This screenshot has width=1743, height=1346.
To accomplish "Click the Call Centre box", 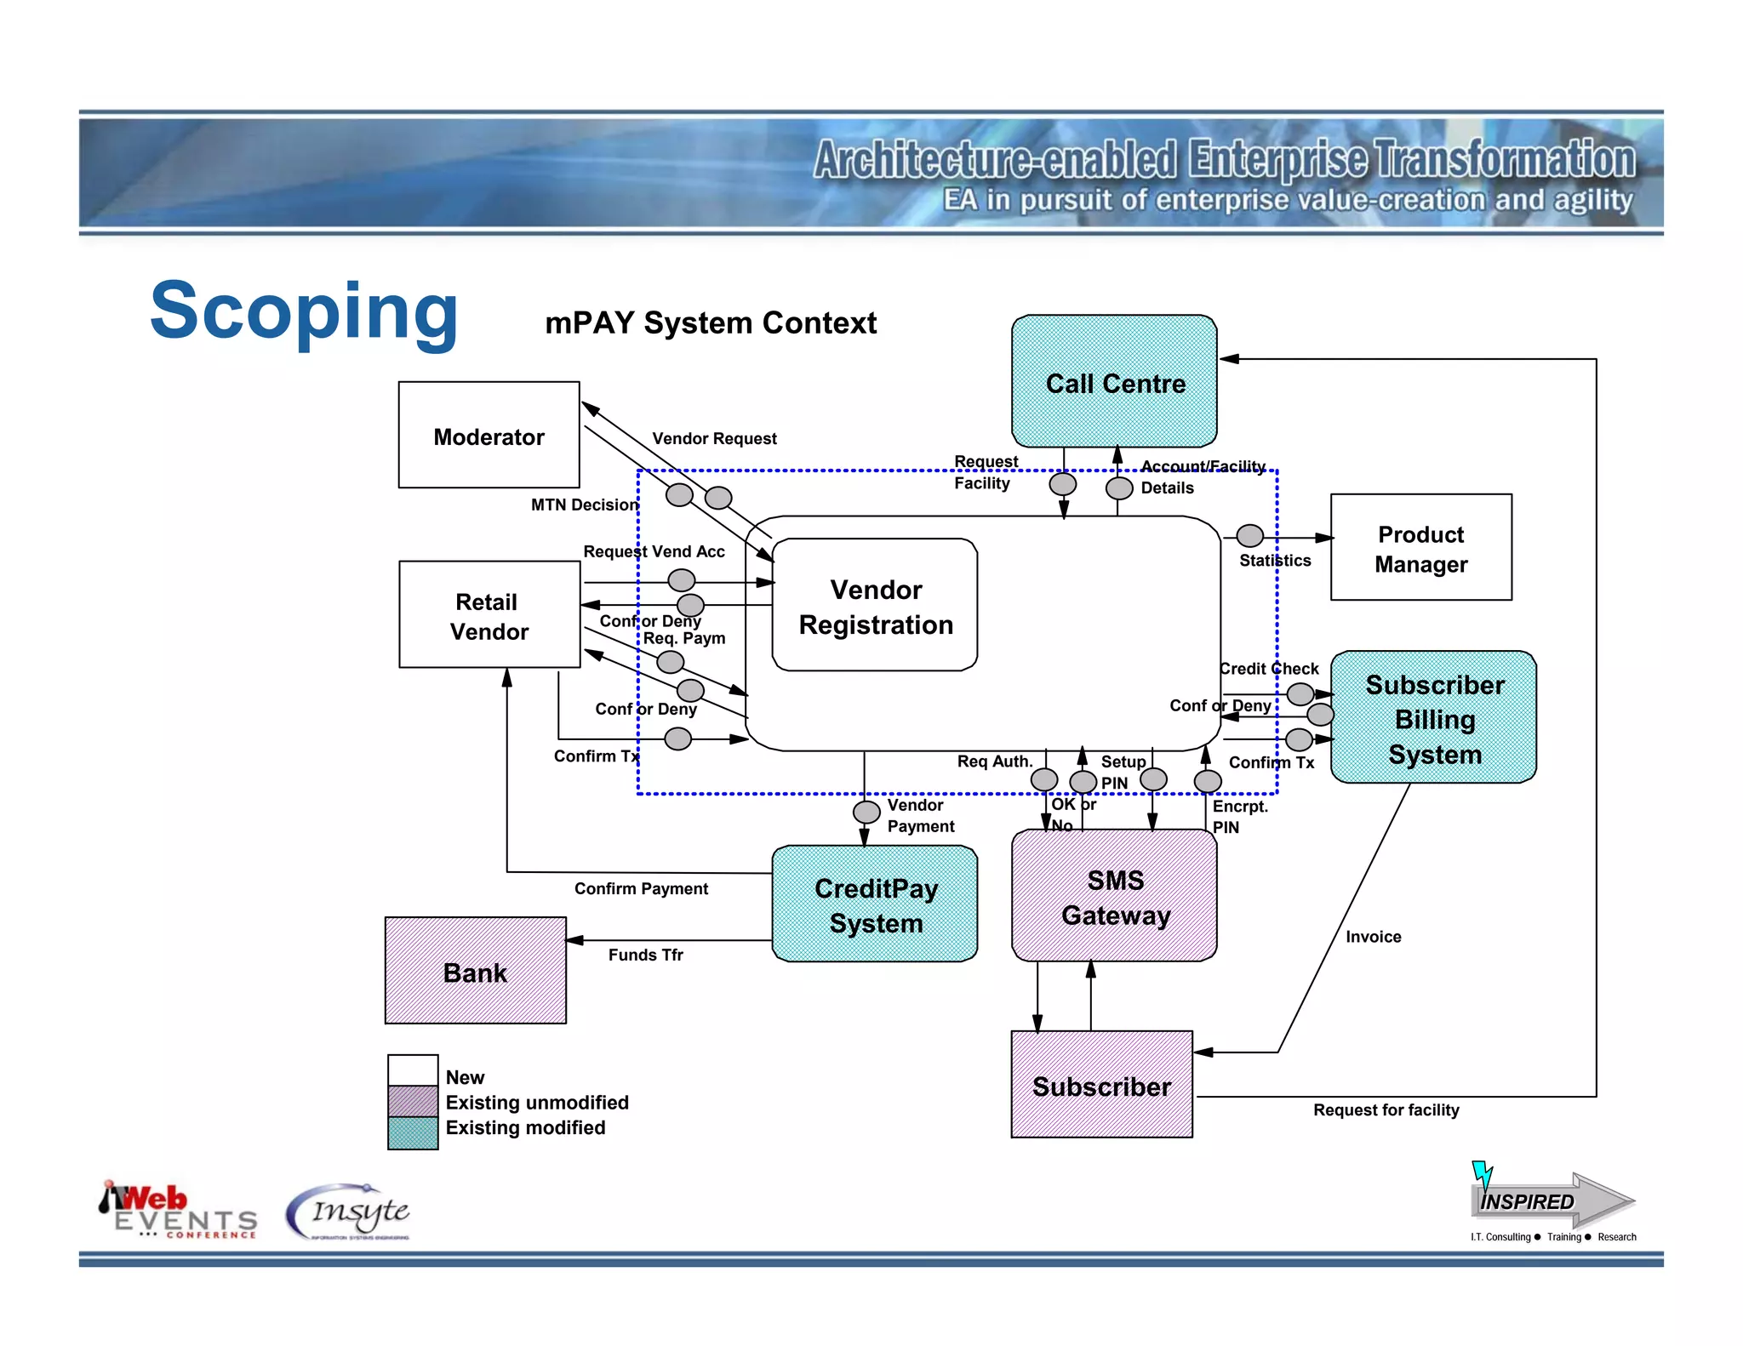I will pyautogui.click(x=1114, y=382).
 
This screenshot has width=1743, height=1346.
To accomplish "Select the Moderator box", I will pyautogui.click(x=489, y=436).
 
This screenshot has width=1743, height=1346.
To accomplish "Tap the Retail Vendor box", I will pyautogui.click(x=489, y=615).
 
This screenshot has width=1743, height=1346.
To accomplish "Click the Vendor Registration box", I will pyautogui.click(x=874, y=606).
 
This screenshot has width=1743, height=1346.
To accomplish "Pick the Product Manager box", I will pyautogui.click(x=1420, y=548).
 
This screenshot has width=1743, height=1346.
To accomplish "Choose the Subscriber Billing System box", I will pyautogui.click(x=1434, y=718).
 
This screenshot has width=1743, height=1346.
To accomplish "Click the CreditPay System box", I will pyautogui.click(x=875, y=904).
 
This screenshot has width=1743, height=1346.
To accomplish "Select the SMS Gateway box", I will pyautogui.click(x=1114, y=897).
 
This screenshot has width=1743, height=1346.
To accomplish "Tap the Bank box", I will pyautogui.click(x=475, y=971).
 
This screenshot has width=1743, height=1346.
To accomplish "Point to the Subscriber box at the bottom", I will pyautogui.click(x=1101, y=1085).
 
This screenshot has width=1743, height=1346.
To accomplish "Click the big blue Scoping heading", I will pyautogui.click(x=304, y=311).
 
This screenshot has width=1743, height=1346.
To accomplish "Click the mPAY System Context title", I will pyautogui.click(x=711, y=323).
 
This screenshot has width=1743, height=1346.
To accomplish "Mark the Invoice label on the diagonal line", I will pyautogui.click(x=1373, y=937).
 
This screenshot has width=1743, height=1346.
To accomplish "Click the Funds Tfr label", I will pyautogui.click(x=645, y=955).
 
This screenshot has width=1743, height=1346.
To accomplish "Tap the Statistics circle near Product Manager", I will pyautogui.click(x=1249, y=536).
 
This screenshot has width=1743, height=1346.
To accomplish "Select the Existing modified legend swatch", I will pyautogui.click(x=413, y=1132).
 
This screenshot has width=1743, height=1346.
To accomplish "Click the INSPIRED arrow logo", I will pyautogui.click(x=1551, y=1200).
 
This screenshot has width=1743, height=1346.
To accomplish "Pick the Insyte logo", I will pyautogui.click(x=349, y=1212).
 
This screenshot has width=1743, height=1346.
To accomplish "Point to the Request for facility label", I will pyautogui.click(x=1386, y=1110).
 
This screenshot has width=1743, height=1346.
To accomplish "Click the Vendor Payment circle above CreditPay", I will pyautogui.click(x=866, y=812).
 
